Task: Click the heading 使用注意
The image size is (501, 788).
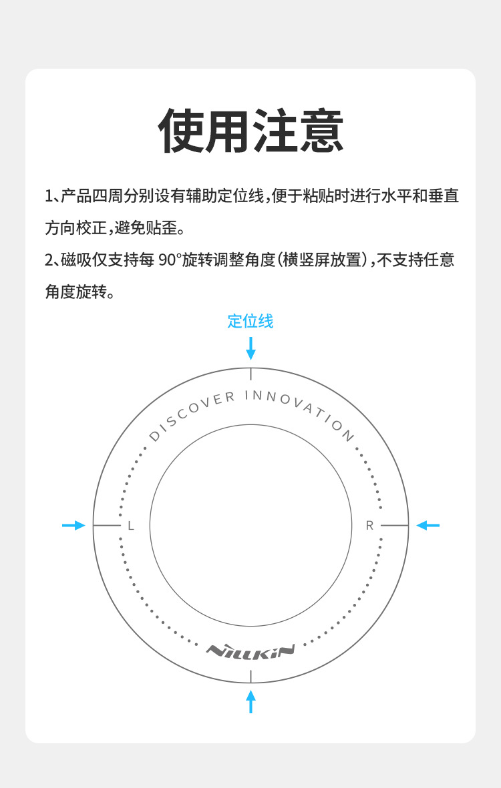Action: tap(251, 131)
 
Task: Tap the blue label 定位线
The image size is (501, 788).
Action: tap(251, 321)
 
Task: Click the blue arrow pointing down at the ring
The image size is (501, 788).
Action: tap(251, 348)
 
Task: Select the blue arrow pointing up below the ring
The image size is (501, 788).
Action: tap(251, 701)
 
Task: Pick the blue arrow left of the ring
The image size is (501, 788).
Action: tap(73, 526)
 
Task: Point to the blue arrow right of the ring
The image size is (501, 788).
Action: tap(428, 526)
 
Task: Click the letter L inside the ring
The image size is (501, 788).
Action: tap(131, 526)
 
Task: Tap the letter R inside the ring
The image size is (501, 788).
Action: tap(369, 526)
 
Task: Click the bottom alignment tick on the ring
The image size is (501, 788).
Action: tap(251, 677)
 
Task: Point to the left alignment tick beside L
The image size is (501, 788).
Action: tap(106, 526)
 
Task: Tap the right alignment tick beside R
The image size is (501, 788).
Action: tap(395, 526)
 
